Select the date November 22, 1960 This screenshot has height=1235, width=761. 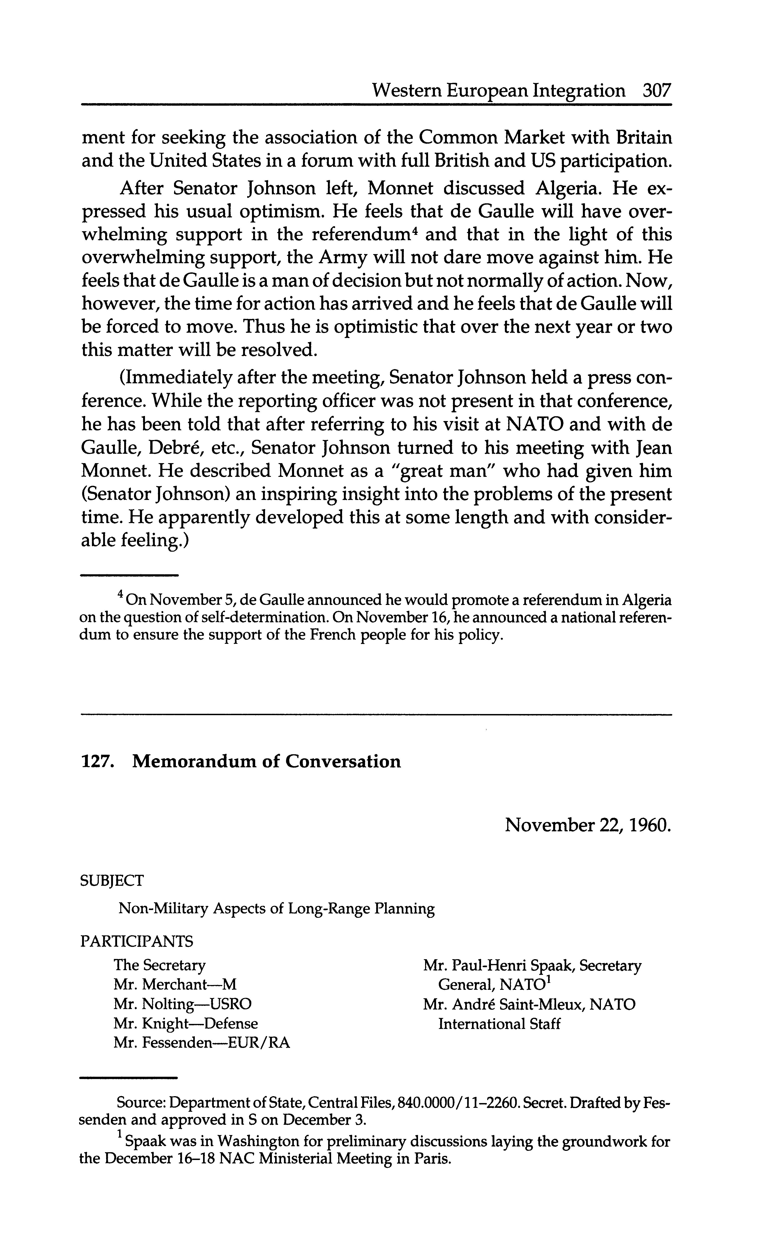click(x=588, y=825)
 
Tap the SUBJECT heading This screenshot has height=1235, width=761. click(x=112, y=881)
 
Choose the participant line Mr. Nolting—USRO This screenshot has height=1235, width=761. click(x=182, y=1004)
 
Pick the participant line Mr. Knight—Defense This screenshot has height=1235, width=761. click(x=185, y=1024)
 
